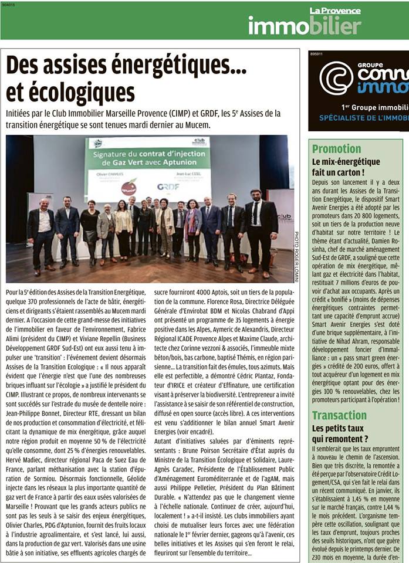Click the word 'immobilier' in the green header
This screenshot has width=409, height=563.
(305, 25)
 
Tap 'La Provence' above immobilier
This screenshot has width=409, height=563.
(335, 11)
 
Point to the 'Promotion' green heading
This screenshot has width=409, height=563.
(336, 149)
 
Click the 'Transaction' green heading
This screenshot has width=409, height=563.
(339, 415)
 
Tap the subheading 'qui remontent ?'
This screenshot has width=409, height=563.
(340, 438)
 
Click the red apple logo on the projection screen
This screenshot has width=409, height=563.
(129, 188)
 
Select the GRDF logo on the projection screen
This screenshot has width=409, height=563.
(168, 186)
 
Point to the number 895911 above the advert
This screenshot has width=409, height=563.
(316, 54)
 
